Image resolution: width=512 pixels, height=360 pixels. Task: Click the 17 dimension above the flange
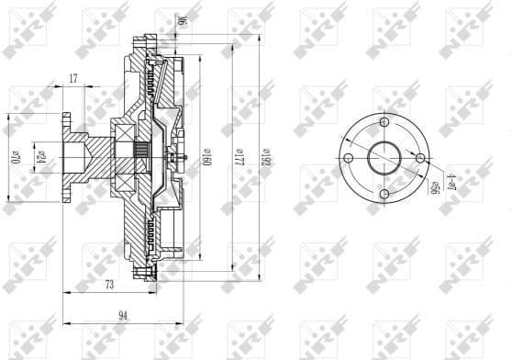(x=73, y=80)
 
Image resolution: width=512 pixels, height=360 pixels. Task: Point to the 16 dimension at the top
(x=182, y=19)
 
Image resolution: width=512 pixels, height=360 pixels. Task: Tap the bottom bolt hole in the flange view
(x=385, y=194)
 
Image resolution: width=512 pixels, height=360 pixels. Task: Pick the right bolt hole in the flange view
(x=420, y=160)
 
